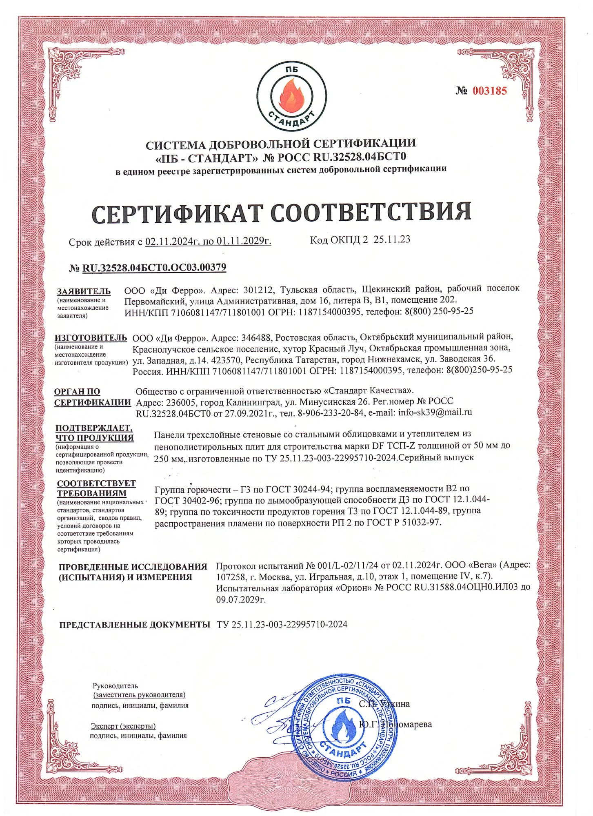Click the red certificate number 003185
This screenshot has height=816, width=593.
[x=489, y=91]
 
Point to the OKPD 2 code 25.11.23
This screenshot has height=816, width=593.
[x=392, y=239]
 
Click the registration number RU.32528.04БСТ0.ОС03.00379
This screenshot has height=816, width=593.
[x=154, y=268]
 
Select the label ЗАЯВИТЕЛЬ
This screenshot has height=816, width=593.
[x=84, y=291]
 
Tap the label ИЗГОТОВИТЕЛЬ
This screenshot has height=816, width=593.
[x=91, y=338]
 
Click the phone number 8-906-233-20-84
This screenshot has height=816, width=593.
[x=331, y=412]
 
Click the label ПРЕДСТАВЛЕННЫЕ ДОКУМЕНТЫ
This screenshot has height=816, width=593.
[x=134, y=625]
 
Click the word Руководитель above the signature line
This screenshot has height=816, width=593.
[x=115, y=686]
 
